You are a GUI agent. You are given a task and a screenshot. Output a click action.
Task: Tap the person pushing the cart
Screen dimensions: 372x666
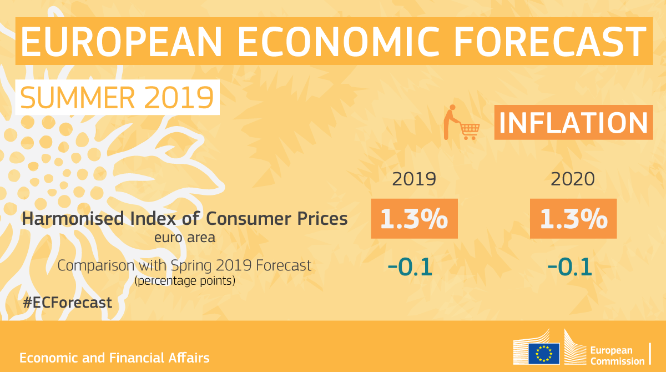pos(451,121)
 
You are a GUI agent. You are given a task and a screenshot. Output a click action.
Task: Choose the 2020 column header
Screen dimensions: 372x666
pos(573,179)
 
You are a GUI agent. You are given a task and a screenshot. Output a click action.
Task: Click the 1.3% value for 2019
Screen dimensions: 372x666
pos(414,219)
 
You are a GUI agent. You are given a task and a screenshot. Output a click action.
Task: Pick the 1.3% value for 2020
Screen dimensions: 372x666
pos(573,219)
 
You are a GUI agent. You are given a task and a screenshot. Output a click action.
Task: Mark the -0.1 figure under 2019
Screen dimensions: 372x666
pos(410,267)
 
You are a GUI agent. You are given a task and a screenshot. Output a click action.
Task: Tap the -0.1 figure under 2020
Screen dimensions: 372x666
pos(569,267)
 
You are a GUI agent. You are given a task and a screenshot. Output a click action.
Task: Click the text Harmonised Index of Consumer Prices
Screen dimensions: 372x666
pos(185,219)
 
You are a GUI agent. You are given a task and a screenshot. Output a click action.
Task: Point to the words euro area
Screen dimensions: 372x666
pos(185,238)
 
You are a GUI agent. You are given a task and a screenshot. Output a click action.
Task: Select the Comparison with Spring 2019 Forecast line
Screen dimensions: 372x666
pos(185,265)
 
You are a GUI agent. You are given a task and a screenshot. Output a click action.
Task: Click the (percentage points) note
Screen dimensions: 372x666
pos(185,281)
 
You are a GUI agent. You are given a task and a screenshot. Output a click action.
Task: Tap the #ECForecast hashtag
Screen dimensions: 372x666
pos(68,303)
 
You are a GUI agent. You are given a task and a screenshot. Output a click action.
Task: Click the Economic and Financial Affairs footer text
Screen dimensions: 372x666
pos(115,358)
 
